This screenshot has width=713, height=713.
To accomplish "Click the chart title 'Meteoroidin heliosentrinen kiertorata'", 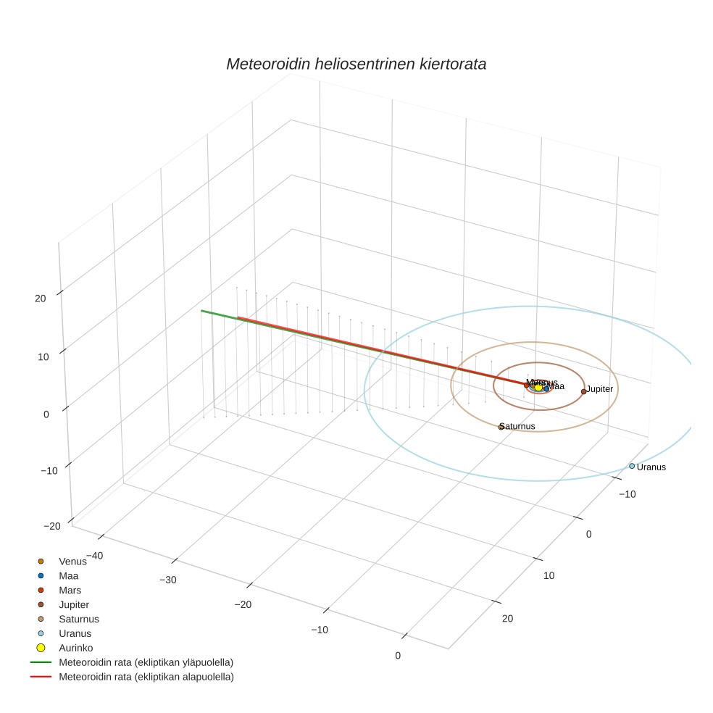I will click(356, 64).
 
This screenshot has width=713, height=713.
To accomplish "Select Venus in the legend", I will click(72, 561).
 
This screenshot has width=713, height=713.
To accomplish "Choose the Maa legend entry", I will click(68, 575).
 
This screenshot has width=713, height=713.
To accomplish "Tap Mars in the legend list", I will click(70, 590).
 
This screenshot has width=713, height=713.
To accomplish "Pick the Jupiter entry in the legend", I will click(73, 604).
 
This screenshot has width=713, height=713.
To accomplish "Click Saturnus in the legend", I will click(78, 619).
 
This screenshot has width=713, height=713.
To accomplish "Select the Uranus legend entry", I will click(75, 633).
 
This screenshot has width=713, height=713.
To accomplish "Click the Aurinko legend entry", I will click(75, 648).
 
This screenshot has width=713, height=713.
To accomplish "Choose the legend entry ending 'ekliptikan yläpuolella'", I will click(146, 662).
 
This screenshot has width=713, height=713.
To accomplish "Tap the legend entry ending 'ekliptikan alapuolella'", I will click(146, 677).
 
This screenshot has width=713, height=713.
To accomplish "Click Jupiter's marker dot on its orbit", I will click(583, 391).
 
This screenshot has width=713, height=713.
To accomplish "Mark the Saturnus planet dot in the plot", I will click(501, 427).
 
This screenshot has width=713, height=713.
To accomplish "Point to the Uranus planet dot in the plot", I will click(632, 466).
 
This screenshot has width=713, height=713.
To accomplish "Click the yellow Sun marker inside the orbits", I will click(538, 388).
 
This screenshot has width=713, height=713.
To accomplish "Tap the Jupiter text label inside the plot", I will click(600, 389).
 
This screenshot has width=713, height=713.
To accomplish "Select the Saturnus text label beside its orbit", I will click(519, 426).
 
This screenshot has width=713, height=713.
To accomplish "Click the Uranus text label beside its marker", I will click(651, 467).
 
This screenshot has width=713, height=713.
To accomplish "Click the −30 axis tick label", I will click(168, 580).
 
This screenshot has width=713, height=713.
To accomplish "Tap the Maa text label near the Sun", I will click(556, 386).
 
